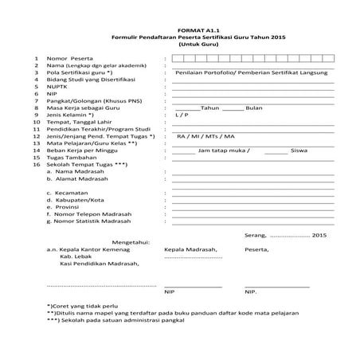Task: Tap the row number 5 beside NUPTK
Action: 37,86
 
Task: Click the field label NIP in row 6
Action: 52,93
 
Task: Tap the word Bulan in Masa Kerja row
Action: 252,108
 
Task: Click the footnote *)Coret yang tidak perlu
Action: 82,305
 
